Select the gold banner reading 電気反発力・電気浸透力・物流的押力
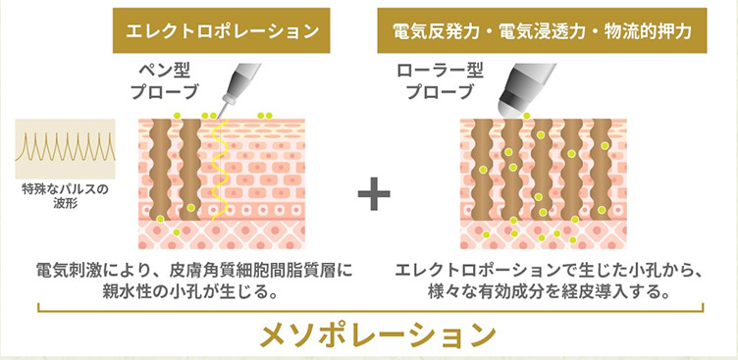(542, 30)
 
